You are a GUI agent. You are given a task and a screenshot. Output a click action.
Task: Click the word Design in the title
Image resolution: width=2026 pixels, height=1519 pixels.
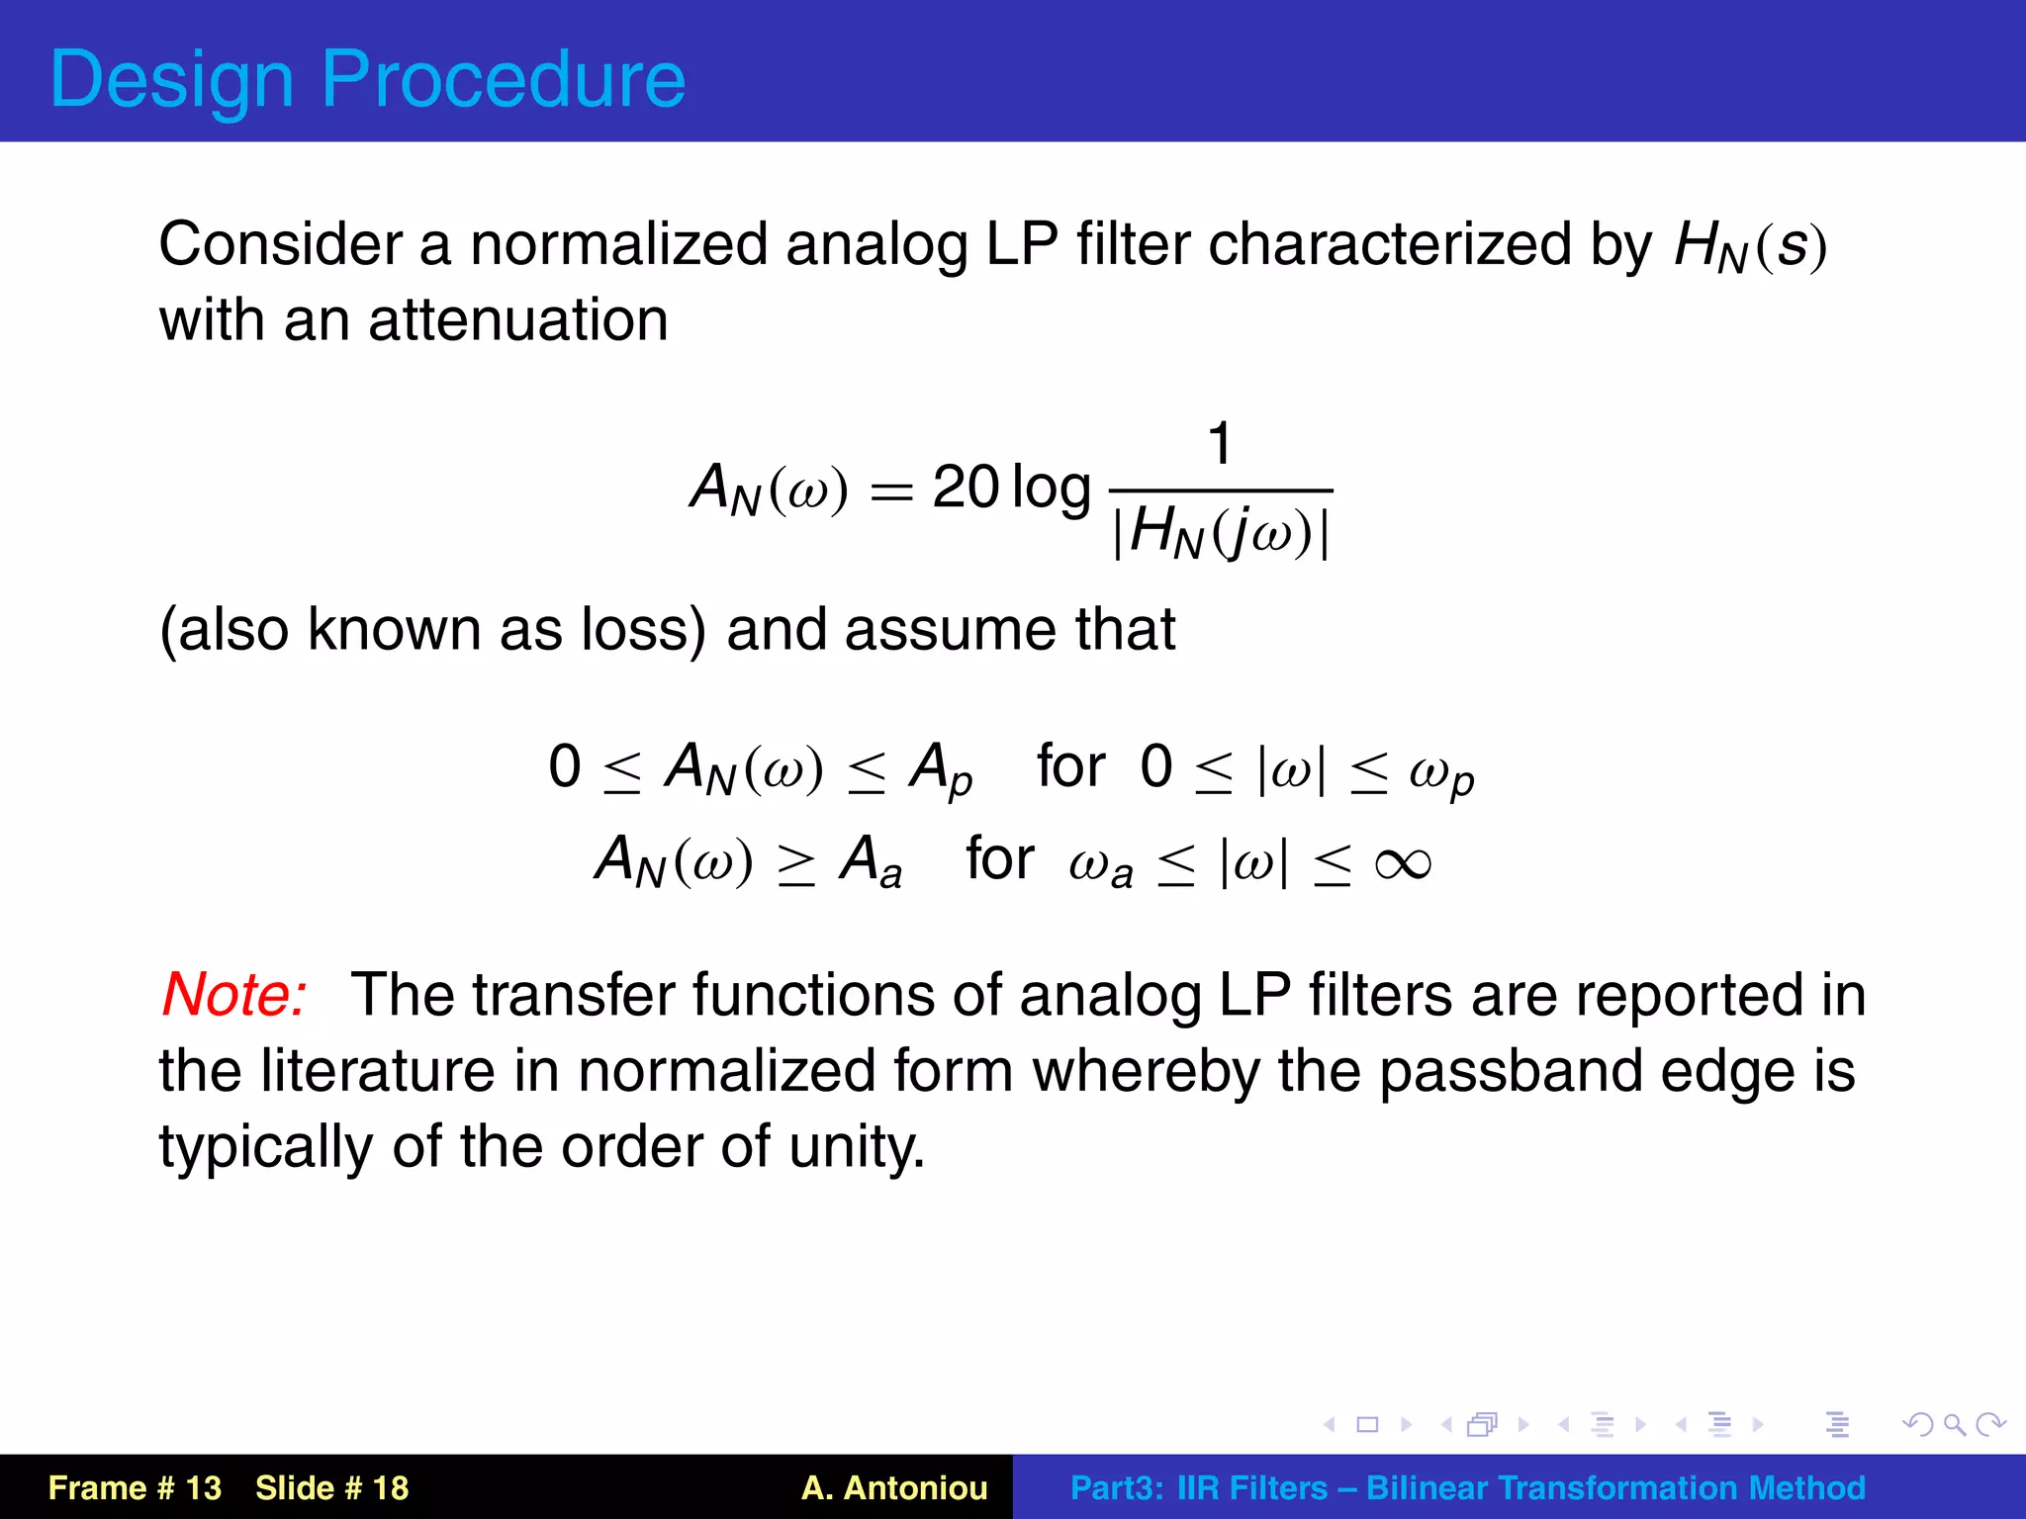(172, 79)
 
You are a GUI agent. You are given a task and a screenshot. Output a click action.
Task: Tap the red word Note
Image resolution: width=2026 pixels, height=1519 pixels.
(233, 994)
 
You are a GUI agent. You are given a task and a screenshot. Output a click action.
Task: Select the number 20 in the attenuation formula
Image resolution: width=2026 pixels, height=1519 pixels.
(966, 488)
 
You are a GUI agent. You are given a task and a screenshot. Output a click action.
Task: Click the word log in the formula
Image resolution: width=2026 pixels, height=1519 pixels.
(1052, 488)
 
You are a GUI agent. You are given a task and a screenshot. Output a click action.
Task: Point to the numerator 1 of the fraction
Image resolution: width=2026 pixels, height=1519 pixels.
(1221, 443)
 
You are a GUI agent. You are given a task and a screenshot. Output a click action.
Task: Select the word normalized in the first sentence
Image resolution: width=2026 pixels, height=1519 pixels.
(618, 244)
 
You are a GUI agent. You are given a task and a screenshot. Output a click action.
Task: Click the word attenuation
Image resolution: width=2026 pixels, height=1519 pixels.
(517, 320)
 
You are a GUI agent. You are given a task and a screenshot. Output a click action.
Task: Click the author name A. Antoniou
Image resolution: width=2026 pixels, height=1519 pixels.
(894, 1487)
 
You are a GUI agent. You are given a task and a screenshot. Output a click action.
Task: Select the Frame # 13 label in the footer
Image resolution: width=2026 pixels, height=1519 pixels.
(136, 1487)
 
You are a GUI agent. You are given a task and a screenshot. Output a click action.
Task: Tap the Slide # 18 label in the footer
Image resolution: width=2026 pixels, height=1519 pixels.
(331, 1487)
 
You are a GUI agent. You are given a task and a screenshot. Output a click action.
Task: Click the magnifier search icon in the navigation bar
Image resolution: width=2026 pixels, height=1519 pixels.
(1954, 1424)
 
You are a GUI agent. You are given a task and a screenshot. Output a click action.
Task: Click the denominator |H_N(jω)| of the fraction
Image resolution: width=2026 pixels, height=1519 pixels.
(1221, 532)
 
